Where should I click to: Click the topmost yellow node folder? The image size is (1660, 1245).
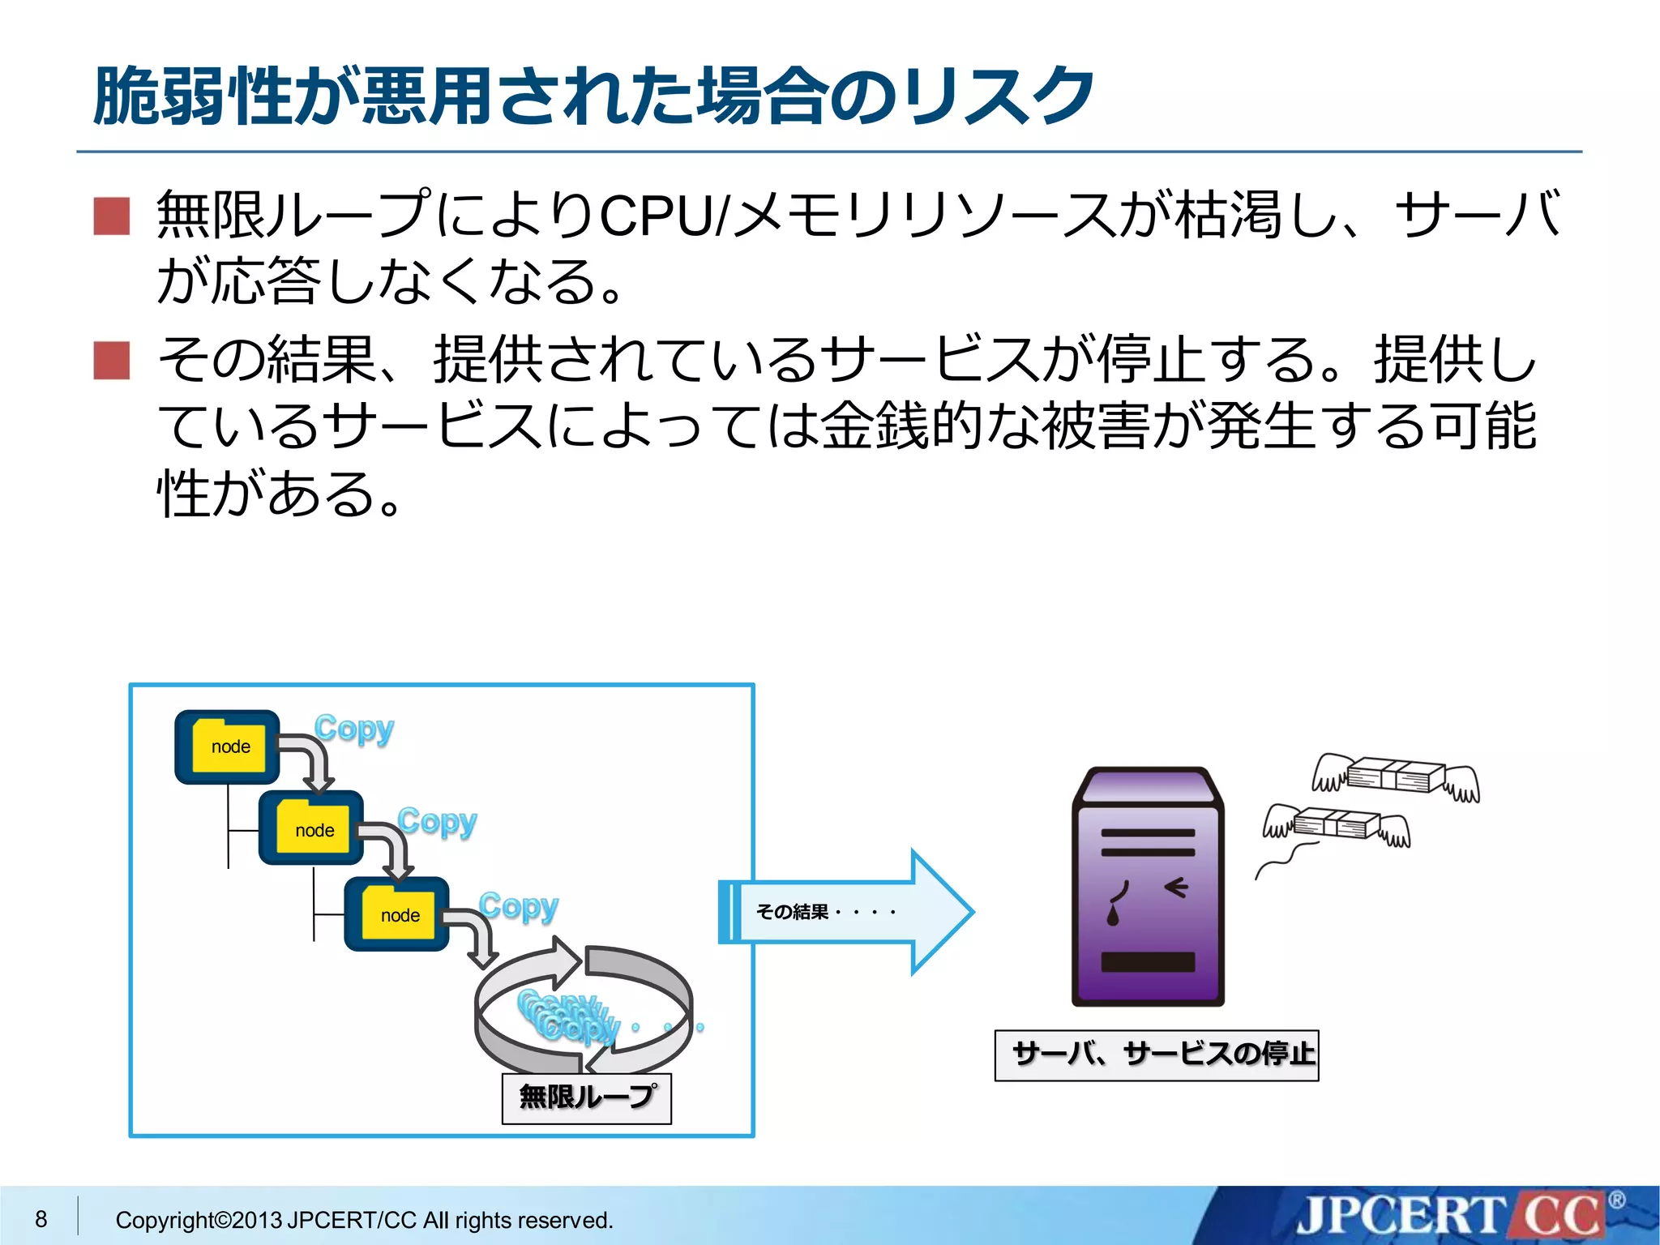tap(229, 747)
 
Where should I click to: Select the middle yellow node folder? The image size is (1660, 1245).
tap(313, 829)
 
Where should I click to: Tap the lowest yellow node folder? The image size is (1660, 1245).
tap(399, 915)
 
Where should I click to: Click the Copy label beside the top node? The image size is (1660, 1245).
tap(354, 729)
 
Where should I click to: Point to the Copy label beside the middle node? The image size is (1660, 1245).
tap(438, 822)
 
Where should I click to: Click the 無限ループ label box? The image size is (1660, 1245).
tap(587, 1097)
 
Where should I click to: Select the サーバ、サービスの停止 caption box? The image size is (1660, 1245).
tap(1157, 1055)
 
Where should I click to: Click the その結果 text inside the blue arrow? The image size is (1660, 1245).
tap(793, 912)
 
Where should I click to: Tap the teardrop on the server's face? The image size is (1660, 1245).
tap(1113, 916)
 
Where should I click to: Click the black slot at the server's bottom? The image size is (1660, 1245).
tap(1148, 962)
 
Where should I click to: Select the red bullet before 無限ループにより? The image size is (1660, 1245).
tap(112, 216)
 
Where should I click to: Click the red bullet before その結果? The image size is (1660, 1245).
tap(112, 361)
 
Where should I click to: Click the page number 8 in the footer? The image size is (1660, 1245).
tap(41, 1219)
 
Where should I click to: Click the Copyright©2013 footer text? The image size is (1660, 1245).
tap(364, 1220)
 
